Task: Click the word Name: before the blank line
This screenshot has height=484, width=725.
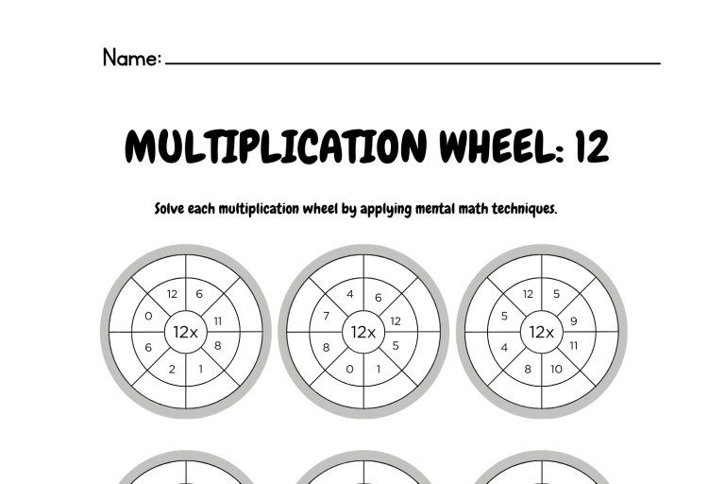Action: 132,58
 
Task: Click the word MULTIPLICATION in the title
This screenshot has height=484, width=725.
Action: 276,146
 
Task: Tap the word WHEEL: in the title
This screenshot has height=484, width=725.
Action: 502,146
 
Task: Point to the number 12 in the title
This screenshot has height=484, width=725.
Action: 592,146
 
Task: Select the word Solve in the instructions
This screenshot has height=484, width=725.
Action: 169,208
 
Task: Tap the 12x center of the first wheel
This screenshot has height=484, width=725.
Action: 185,332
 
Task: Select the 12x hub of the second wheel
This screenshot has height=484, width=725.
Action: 363,332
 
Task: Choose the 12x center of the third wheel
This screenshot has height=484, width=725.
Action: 542,332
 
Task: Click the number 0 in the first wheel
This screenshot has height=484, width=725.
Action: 148,317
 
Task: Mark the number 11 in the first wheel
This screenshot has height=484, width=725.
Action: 218,321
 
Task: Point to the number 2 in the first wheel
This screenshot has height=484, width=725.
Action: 172,369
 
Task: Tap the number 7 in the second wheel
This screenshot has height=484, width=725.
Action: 327,317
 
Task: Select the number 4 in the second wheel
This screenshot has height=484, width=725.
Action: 350,294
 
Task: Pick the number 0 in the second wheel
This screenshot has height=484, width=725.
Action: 349,369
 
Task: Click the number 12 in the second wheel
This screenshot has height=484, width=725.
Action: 396,321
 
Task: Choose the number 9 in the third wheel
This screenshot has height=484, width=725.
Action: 574,321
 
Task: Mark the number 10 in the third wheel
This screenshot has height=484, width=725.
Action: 556,369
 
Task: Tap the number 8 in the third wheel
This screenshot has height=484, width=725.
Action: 528,369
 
